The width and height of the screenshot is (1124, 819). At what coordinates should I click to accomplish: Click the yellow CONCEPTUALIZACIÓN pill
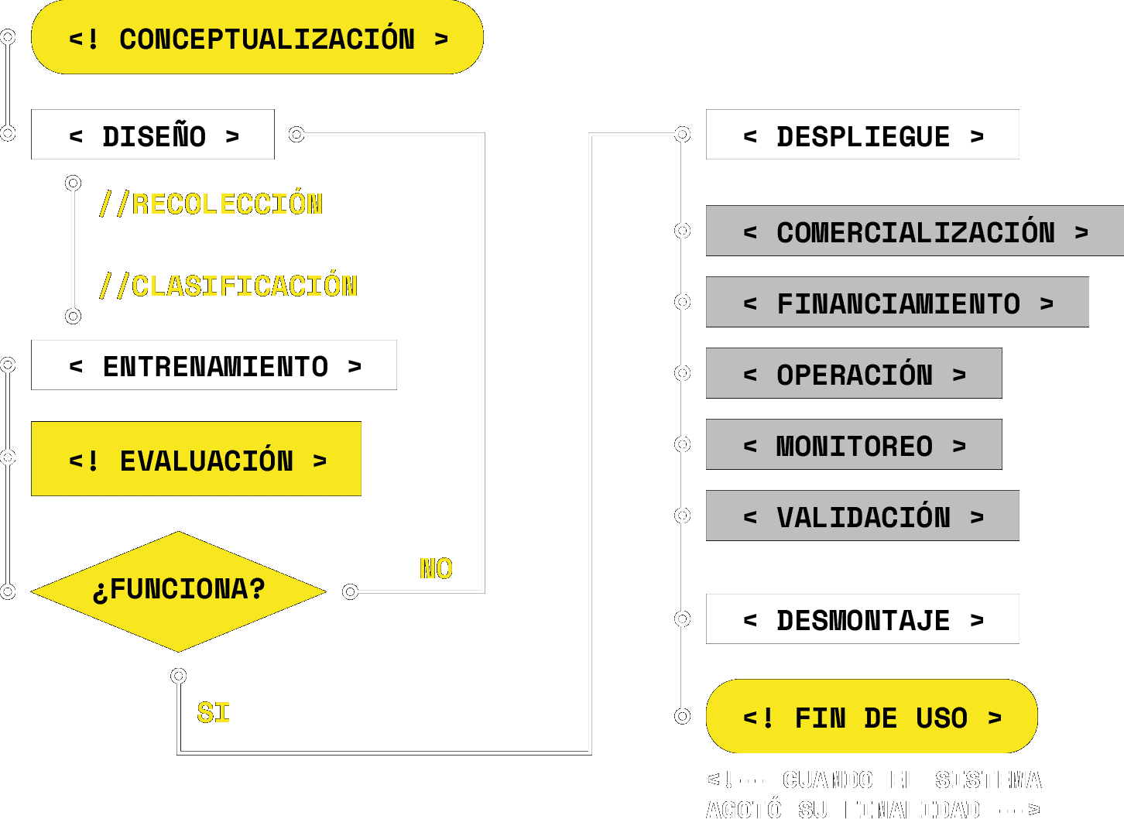tap(257, 37)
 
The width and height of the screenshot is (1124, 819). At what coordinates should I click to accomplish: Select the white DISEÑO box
tap(152, 135)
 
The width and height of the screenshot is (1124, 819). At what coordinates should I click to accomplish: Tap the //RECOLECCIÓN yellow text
tap(211, 204)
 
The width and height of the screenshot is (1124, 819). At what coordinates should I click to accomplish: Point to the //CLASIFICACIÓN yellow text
tap(229, 286)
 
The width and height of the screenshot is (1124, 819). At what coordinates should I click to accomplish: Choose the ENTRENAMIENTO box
tap(214, 365)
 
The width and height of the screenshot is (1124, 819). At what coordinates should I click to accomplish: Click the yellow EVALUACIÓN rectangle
tap(196, 459)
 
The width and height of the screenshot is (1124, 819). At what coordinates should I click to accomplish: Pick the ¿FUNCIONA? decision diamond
tap(179, 591)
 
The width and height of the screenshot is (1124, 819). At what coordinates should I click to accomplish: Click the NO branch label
tap(436, 569)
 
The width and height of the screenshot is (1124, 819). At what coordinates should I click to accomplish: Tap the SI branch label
tap(214, 713)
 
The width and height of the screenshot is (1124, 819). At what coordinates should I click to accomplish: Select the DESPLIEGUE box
tap(862, 135)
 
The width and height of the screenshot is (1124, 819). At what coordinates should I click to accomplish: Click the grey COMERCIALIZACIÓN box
tap(915, 231)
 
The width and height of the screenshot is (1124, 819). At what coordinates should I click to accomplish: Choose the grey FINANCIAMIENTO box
tap(897, 302)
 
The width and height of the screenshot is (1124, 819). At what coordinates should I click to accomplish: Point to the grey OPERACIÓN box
tap(854, 373)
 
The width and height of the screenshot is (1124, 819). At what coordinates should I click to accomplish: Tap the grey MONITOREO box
tap(854, 444)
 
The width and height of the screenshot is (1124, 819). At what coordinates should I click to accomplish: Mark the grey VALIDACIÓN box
tap(862, 516)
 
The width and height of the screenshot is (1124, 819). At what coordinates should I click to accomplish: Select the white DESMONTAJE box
tap(862, 619)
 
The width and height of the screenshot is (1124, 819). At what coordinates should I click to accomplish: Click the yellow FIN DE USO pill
tap(872, 717)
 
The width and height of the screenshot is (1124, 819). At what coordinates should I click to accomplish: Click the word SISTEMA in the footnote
tap(988, 780)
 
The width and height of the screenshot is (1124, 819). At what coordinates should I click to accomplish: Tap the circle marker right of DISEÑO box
tap(296, 135)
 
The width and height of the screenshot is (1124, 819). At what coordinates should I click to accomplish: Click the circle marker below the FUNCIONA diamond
tap(179, 676)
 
